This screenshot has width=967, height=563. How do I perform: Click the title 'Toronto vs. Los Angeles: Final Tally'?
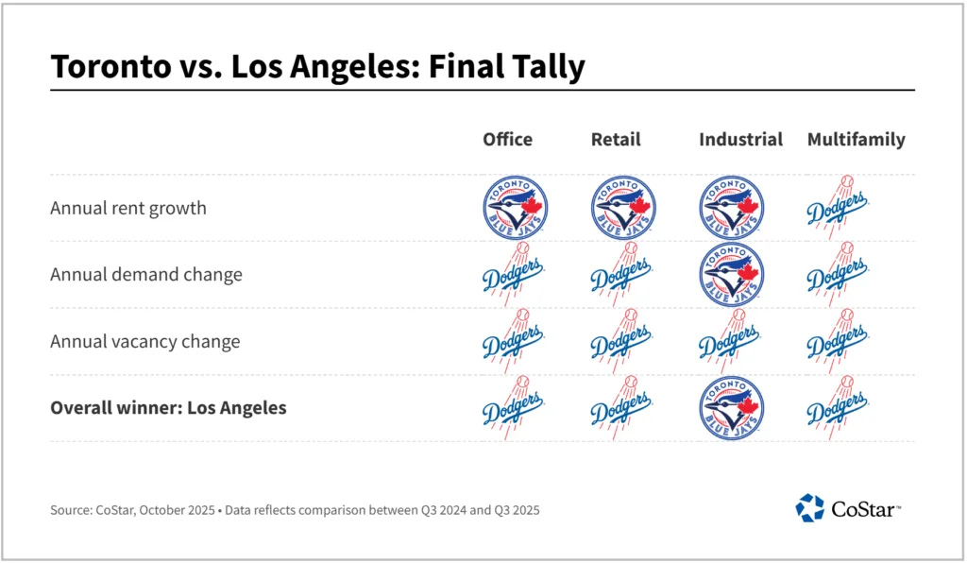click(317, 67)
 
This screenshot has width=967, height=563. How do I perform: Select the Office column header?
click(507, 140)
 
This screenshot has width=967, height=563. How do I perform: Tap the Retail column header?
click(616, 140)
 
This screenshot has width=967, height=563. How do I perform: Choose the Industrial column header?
click(740, 140)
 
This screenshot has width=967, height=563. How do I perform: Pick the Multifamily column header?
click(856, 140)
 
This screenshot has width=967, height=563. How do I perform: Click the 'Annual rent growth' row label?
click(127, 209)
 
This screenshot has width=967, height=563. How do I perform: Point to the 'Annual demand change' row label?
click(146, 275)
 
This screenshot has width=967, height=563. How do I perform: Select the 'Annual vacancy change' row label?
click(144, 341)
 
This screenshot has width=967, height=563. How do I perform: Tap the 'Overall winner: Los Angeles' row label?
click(168, 408)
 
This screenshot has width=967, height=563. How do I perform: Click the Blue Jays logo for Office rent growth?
click(516, 208)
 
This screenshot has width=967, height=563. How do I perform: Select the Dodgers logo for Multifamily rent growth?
click(838, 208)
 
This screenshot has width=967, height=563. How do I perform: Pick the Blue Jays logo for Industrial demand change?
click(731, 274)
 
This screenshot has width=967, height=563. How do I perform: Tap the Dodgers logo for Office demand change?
click(514, 274)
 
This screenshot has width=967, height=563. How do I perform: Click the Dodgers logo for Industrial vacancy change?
click(730, 341)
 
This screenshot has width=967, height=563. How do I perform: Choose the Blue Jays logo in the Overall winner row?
click(731, 408)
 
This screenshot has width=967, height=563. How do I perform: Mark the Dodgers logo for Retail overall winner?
click(621, 408)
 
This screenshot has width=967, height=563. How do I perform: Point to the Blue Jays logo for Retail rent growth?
click(623, 208)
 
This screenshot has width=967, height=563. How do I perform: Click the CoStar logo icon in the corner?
click(809, 508)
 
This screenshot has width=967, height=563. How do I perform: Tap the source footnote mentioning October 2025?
click(295, 510)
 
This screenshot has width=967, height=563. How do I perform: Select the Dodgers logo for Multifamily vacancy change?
click(838, 341)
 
